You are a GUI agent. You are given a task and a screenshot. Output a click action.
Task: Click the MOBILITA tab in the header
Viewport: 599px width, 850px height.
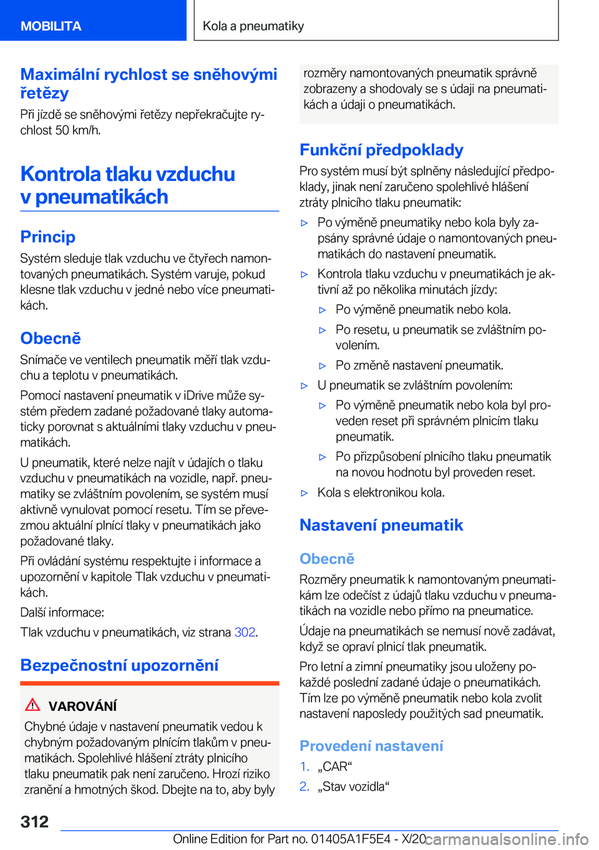[51, 26]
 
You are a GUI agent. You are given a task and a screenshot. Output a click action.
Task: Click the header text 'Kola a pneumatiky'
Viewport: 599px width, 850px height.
[253, 26]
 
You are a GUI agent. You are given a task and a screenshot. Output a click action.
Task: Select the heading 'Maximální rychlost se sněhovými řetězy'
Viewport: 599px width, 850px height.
[149, 84]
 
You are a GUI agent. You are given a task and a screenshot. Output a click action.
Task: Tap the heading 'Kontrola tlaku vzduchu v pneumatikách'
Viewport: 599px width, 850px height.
[127, 185]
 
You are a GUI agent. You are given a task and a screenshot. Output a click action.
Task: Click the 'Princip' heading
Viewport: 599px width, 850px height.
[48, 237]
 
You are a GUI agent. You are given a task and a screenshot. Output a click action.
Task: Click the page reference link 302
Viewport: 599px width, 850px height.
[245, 632]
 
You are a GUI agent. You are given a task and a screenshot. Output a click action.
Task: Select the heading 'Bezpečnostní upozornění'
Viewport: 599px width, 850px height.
[119, 665]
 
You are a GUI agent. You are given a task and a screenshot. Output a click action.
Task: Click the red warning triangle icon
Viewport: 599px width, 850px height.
[32, 705]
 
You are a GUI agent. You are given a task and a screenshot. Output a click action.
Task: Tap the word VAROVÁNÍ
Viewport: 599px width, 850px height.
[83, 706]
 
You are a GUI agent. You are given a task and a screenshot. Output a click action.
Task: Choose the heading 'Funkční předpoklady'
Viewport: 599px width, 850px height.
[381, 150]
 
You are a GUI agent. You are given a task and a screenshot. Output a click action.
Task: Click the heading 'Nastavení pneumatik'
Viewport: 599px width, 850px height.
[381, 525]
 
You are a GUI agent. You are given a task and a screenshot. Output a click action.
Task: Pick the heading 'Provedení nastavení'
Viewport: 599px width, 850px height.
[371, 746]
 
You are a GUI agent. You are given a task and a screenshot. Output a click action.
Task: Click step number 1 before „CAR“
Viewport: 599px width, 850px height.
[304, 766]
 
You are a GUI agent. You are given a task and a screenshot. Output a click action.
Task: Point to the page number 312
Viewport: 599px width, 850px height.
[34, 821]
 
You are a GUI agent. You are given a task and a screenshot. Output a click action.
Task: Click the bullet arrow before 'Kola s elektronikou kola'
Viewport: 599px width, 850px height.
[304, 493]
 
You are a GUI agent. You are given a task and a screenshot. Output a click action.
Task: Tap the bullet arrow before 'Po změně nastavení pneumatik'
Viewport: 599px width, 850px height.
[323, 366]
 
